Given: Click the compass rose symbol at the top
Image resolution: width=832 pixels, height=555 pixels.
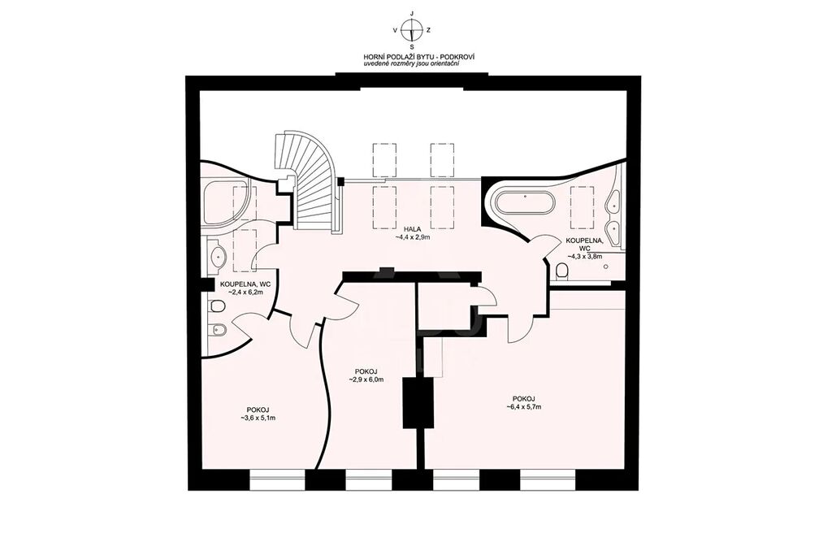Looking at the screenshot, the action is coord(412,30).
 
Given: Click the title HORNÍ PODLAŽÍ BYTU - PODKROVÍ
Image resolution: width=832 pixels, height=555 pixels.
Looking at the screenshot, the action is coord(412,56).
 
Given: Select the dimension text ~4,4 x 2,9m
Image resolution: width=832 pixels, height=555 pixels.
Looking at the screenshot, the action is coord(412,237).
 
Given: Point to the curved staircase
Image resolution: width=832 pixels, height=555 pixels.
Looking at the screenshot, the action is coord(309,181).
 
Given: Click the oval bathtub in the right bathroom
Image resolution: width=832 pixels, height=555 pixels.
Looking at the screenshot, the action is coord(525,202).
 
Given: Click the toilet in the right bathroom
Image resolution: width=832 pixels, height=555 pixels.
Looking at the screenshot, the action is coord(561,272).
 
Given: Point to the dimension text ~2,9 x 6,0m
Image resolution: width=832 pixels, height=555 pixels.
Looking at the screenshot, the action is coord(366,379).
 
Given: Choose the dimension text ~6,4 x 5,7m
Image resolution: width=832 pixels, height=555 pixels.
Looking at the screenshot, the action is coord(523,407).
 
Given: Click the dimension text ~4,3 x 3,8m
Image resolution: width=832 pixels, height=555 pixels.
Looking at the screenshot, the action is coord(585,256).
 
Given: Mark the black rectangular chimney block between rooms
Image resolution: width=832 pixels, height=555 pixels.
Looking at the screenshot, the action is coord(418,401).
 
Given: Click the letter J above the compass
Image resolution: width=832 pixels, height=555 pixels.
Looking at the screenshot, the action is coord(412,13).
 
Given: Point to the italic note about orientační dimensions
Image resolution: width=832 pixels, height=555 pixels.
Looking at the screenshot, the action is coord(412,63).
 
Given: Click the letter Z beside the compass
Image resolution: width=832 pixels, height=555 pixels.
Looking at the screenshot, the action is coord(428,30).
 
